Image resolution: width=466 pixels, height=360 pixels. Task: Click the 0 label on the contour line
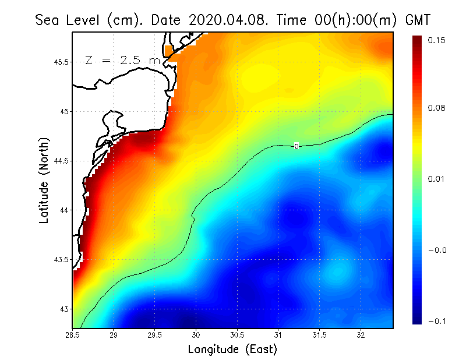click(296, 146)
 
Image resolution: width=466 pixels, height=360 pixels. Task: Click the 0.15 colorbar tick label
click(436, 40)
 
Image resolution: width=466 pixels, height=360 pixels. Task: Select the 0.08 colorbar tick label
click(436, 108)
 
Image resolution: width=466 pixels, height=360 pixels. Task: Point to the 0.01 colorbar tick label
click(436, 178)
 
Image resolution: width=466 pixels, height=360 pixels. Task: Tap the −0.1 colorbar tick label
click(436, 321)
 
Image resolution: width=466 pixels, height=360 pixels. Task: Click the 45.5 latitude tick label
click(60, 62)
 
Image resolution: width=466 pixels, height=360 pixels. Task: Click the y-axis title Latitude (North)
click(44, 181)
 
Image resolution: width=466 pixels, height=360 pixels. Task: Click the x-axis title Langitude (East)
click(232, 349)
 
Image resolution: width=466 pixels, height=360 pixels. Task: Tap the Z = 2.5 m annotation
click(122, 60)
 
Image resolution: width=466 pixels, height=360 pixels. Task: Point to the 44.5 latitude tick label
click(60, 161)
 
